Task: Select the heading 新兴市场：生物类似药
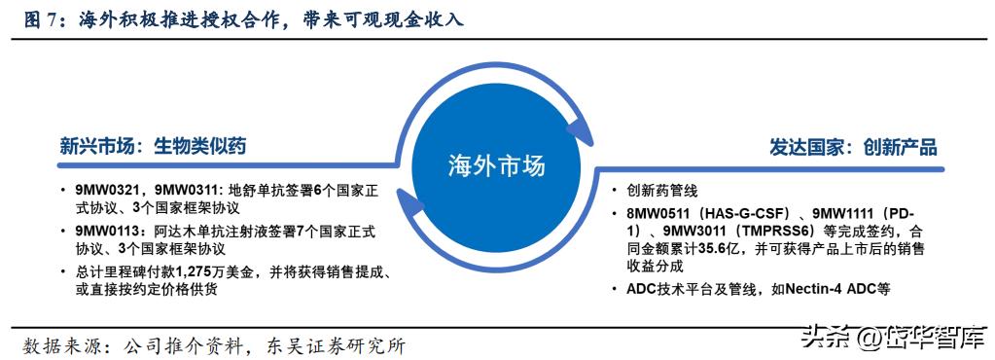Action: point(152,147)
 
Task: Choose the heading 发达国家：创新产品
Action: point(853,148)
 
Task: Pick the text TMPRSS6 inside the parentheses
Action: point(781,231)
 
